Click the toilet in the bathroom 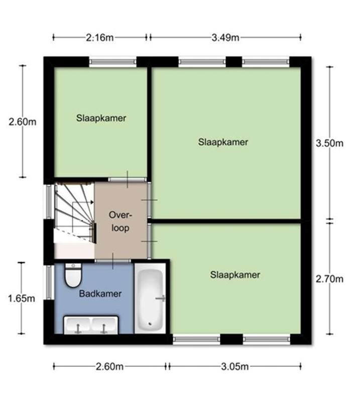coord(73,275)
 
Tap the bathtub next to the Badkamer coord(150,298)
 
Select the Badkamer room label coord(100,294)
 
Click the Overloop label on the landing coord(120,221)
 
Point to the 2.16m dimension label coord(100,38)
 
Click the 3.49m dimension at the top coord(225,38)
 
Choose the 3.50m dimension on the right coord(329,143)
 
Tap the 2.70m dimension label coord(329,279)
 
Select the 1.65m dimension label coord(22,298)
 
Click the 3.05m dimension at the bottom coord(235,367)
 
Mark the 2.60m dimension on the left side coord(23,122)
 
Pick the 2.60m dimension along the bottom coord(110,367)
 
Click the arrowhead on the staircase coord(92,202)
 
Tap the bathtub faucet coord(161,298)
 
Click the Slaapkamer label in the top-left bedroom coord(101,118)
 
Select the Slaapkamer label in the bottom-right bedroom coord(235,275)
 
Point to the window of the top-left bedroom coord(113,62)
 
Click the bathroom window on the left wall coord(49,282)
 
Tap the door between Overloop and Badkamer coord(113,261)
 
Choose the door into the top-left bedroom coord(128,179)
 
